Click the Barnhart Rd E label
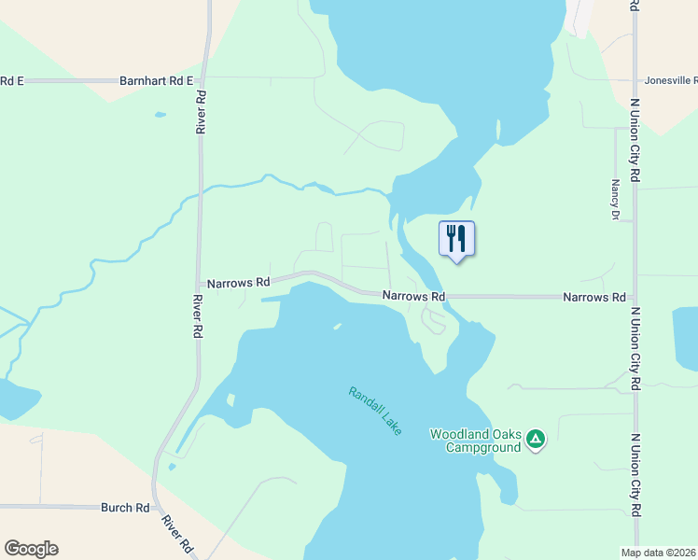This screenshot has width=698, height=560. (x=156, y=81)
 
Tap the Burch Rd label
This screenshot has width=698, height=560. (x=125, y=508)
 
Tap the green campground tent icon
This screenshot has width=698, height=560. (x=535, y=439)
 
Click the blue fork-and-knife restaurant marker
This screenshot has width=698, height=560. (x=456, y=239)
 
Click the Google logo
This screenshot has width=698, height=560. (x=31, y=549)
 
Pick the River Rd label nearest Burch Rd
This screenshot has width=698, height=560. (x=174, y=533)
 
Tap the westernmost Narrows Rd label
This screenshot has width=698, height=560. (x=238, y=282)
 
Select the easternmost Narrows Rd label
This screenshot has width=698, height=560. (x=593, y=297)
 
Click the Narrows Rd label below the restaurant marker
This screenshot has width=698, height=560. (x=413, y=296)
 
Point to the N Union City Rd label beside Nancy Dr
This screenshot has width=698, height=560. (x=635, y=140)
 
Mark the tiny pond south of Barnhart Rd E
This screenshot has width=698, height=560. (x=160, y=115)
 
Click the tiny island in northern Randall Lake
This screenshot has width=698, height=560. (x=337, y=326)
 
